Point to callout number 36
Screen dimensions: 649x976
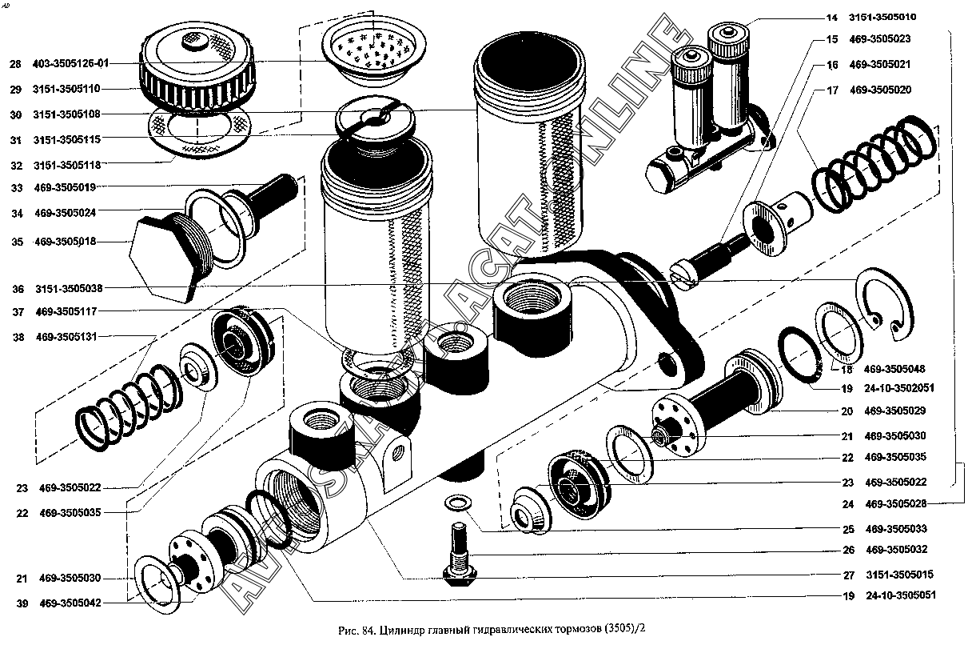click(x=17, y=288)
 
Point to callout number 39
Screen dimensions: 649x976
click(x=17, y=603)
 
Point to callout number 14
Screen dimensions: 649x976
click(x=832, y=17)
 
